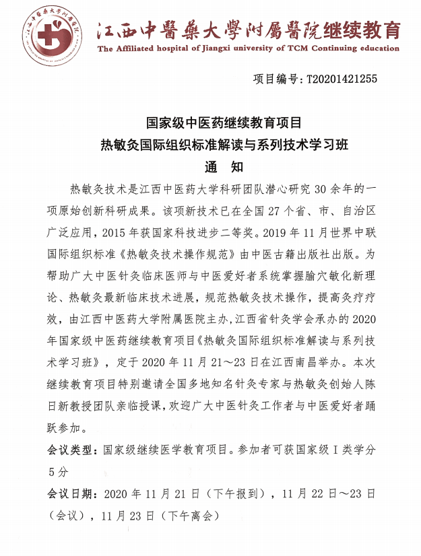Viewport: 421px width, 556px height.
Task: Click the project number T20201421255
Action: click(x=342, y=79)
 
